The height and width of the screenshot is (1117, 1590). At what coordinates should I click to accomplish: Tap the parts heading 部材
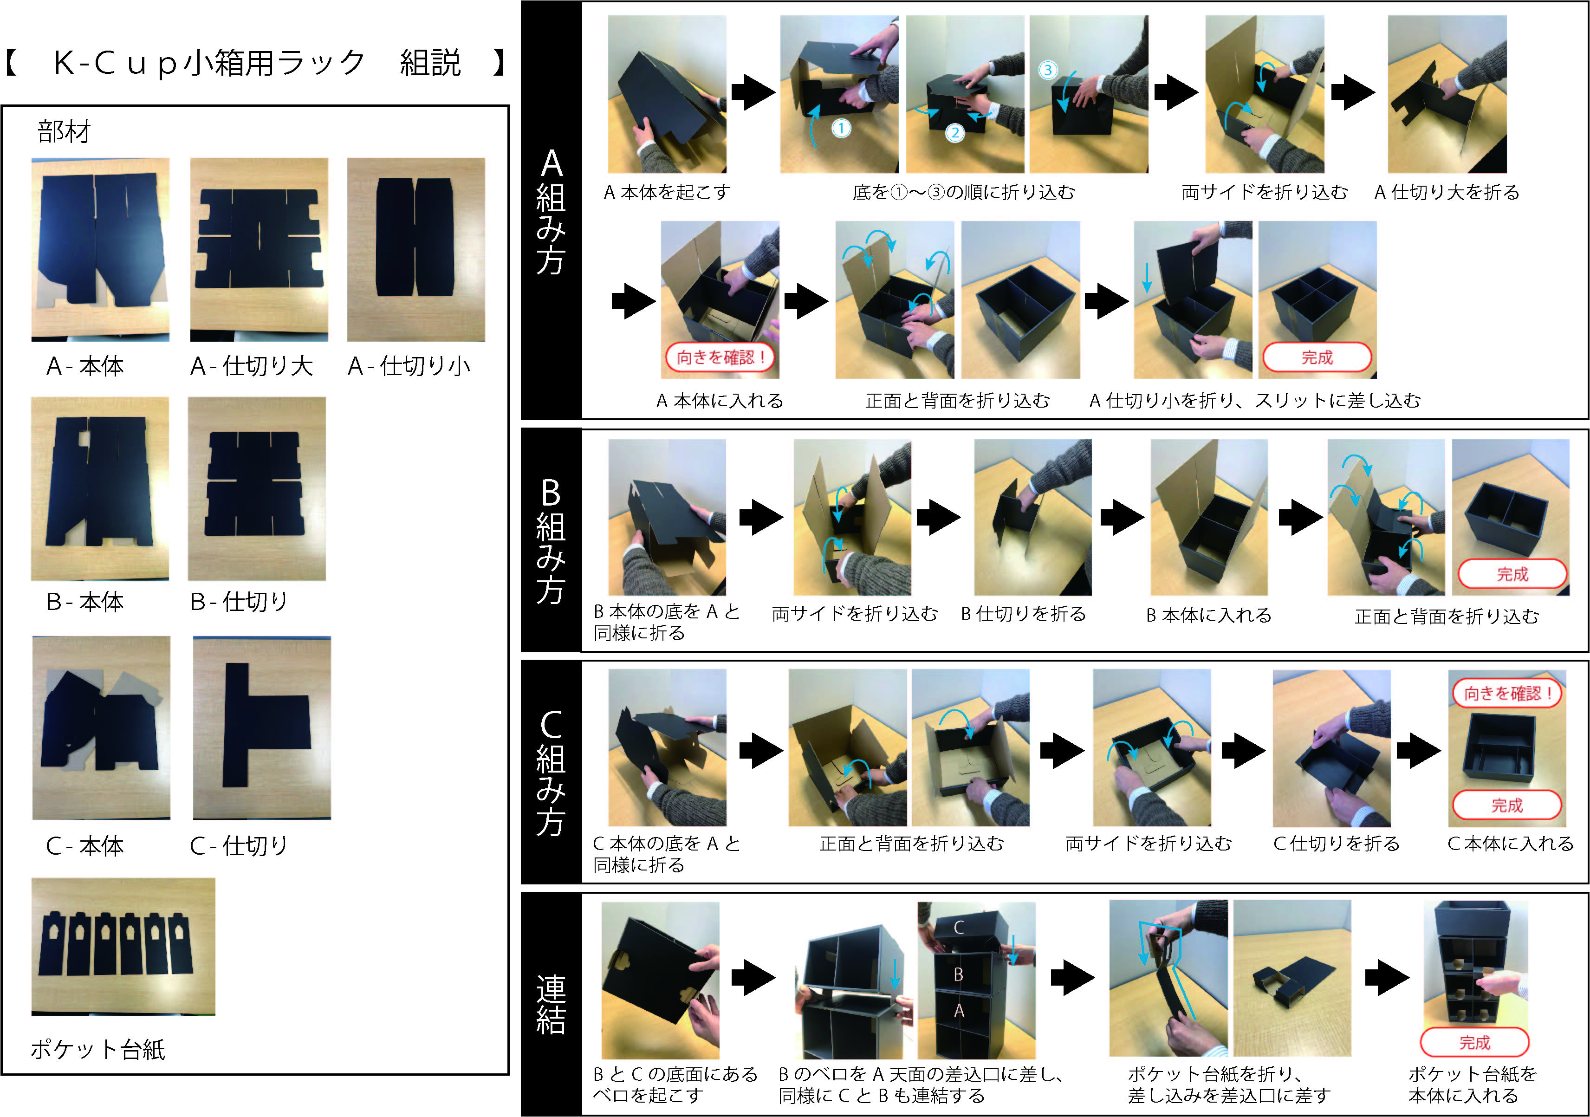(64, 131)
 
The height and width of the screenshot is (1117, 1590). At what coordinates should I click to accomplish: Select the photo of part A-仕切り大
(259, 249)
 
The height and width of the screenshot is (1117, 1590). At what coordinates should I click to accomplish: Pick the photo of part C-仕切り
(262, 728)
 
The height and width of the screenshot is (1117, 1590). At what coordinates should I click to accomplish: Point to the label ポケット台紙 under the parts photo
(97, 1049)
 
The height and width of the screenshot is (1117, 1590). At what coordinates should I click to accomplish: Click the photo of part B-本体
(100, 488)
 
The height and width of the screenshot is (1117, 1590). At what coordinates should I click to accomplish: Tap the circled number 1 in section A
(841, 128)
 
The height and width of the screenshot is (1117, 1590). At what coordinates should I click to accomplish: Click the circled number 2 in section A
(955, 133)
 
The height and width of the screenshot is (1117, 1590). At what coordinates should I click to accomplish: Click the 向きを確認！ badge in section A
(720, 357)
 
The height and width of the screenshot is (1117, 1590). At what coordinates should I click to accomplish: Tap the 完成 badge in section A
(1317, 357)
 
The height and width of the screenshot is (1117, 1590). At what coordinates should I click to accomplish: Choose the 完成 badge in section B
(1512, 574)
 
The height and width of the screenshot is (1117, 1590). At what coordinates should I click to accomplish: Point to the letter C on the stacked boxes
(959, 927)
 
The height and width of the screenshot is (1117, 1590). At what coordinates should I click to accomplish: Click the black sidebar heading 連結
(551, 1004)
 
